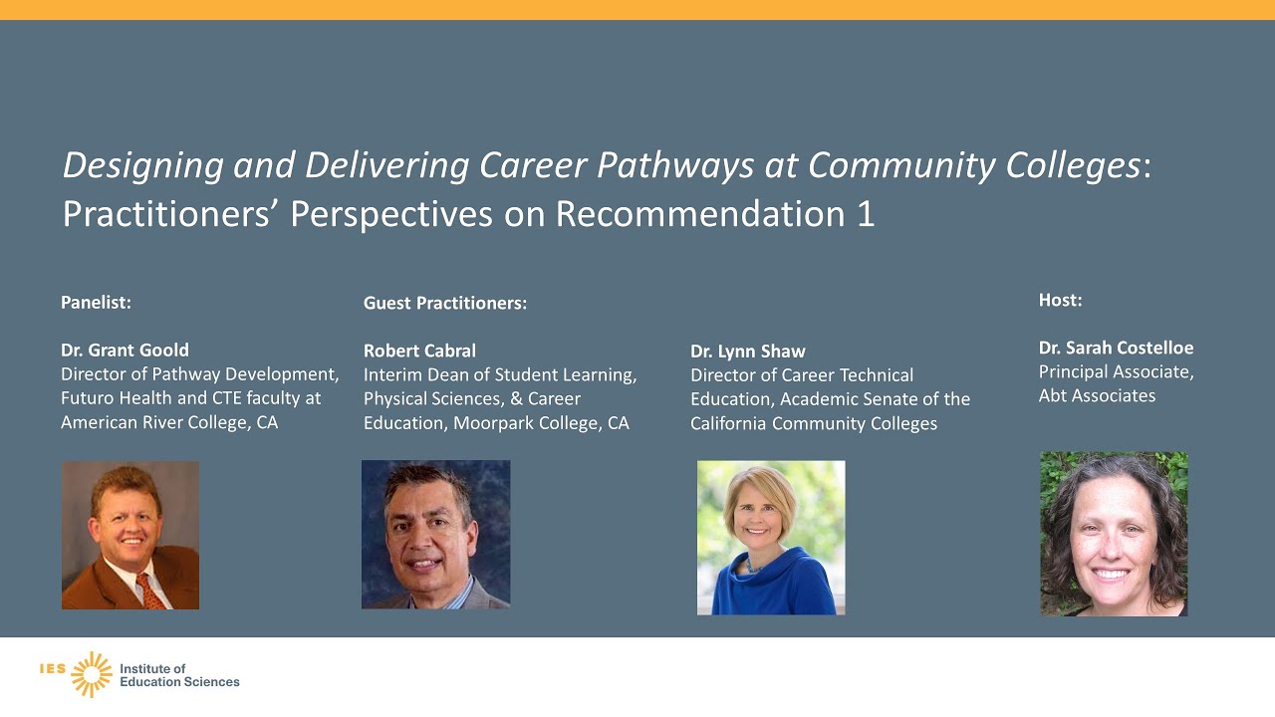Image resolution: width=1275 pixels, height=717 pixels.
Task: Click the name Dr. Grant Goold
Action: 125,351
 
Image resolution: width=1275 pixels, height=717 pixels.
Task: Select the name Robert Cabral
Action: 419,351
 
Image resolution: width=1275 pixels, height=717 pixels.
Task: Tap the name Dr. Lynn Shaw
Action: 747,352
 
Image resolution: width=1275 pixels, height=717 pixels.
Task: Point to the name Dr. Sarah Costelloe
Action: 1116,348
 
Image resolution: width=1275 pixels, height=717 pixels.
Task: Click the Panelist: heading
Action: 96,302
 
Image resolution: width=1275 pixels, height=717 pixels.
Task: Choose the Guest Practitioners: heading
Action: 444,303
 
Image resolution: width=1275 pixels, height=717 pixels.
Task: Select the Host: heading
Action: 1060,300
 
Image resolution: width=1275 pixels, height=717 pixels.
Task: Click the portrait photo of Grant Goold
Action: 130,535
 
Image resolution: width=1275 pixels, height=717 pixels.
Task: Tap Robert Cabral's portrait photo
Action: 435,534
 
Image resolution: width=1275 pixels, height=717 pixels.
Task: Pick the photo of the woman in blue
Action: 771,537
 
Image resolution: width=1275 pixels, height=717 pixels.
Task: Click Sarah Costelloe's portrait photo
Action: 1114,534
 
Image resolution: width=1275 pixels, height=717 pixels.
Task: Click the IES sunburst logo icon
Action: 92,674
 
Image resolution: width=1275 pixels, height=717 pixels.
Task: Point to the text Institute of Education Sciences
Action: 179,675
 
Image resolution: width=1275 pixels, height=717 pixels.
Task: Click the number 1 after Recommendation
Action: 865,214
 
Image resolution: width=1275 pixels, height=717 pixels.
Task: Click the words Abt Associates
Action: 1097,395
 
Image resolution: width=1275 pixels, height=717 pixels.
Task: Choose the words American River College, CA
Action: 169,422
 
